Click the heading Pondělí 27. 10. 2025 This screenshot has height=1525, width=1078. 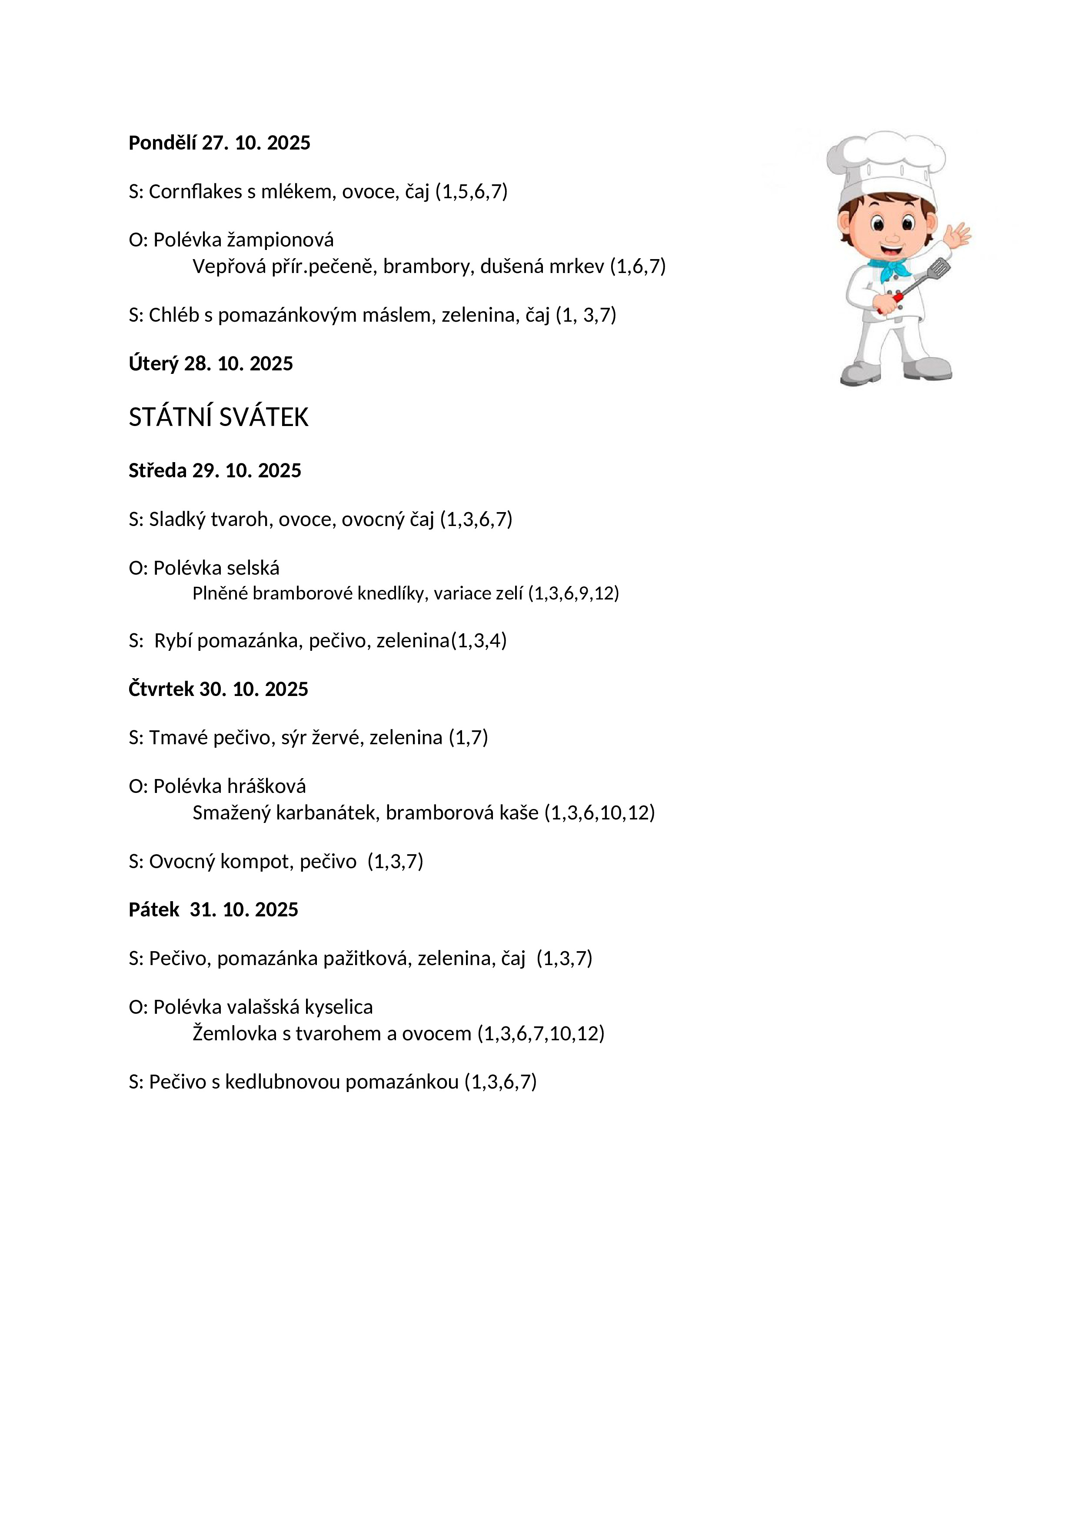[x=219, y=143]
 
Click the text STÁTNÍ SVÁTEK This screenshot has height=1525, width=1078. [x=219, y=417]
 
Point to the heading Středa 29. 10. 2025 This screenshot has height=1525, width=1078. [x=215, y=470]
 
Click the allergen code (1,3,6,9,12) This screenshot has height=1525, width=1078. [x=574, y=593]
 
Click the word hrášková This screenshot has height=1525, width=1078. [x=266, y=786]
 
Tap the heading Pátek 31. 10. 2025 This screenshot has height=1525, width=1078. [x=213, y=909]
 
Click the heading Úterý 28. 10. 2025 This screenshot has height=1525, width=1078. [x=210, y=363]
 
